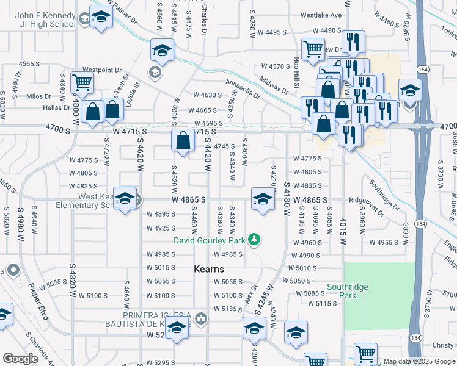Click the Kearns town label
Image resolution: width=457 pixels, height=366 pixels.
coord(209,269)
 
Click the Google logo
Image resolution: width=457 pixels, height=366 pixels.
coord(20,358)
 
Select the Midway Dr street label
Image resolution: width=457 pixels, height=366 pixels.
coord(273,82)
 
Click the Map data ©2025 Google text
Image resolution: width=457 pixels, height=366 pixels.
coord(419,361)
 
